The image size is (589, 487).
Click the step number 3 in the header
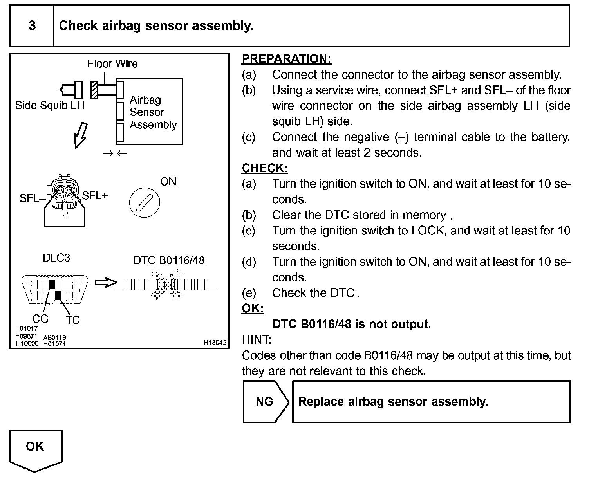coord(32,26)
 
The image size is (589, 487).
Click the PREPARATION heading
coord(286,59)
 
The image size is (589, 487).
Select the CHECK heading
coord(265,168)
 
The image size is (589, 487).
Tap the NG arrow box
coord(265,402)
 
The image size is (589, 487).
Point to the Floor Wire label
coord(112,64)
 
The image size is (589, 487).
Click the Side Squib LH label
coord(50,105)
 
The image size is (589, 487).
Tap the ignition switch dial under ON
coord(144,202)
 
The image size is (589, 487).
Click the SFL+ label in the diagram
coord(95,195)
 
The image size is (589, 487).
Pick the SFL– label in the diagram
coord(33,198)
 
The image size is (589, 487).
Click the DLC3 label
coord(56,258)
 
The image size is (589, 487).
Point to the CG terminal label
coord(40,319)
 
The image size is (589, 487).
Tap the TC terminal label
coord(73,320)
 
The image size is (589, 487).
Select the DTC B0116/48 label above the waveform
coord(169,260)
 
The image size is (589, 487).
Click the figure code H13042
coord(215,343)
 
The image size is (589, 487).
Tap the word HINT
coord(257,339)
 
